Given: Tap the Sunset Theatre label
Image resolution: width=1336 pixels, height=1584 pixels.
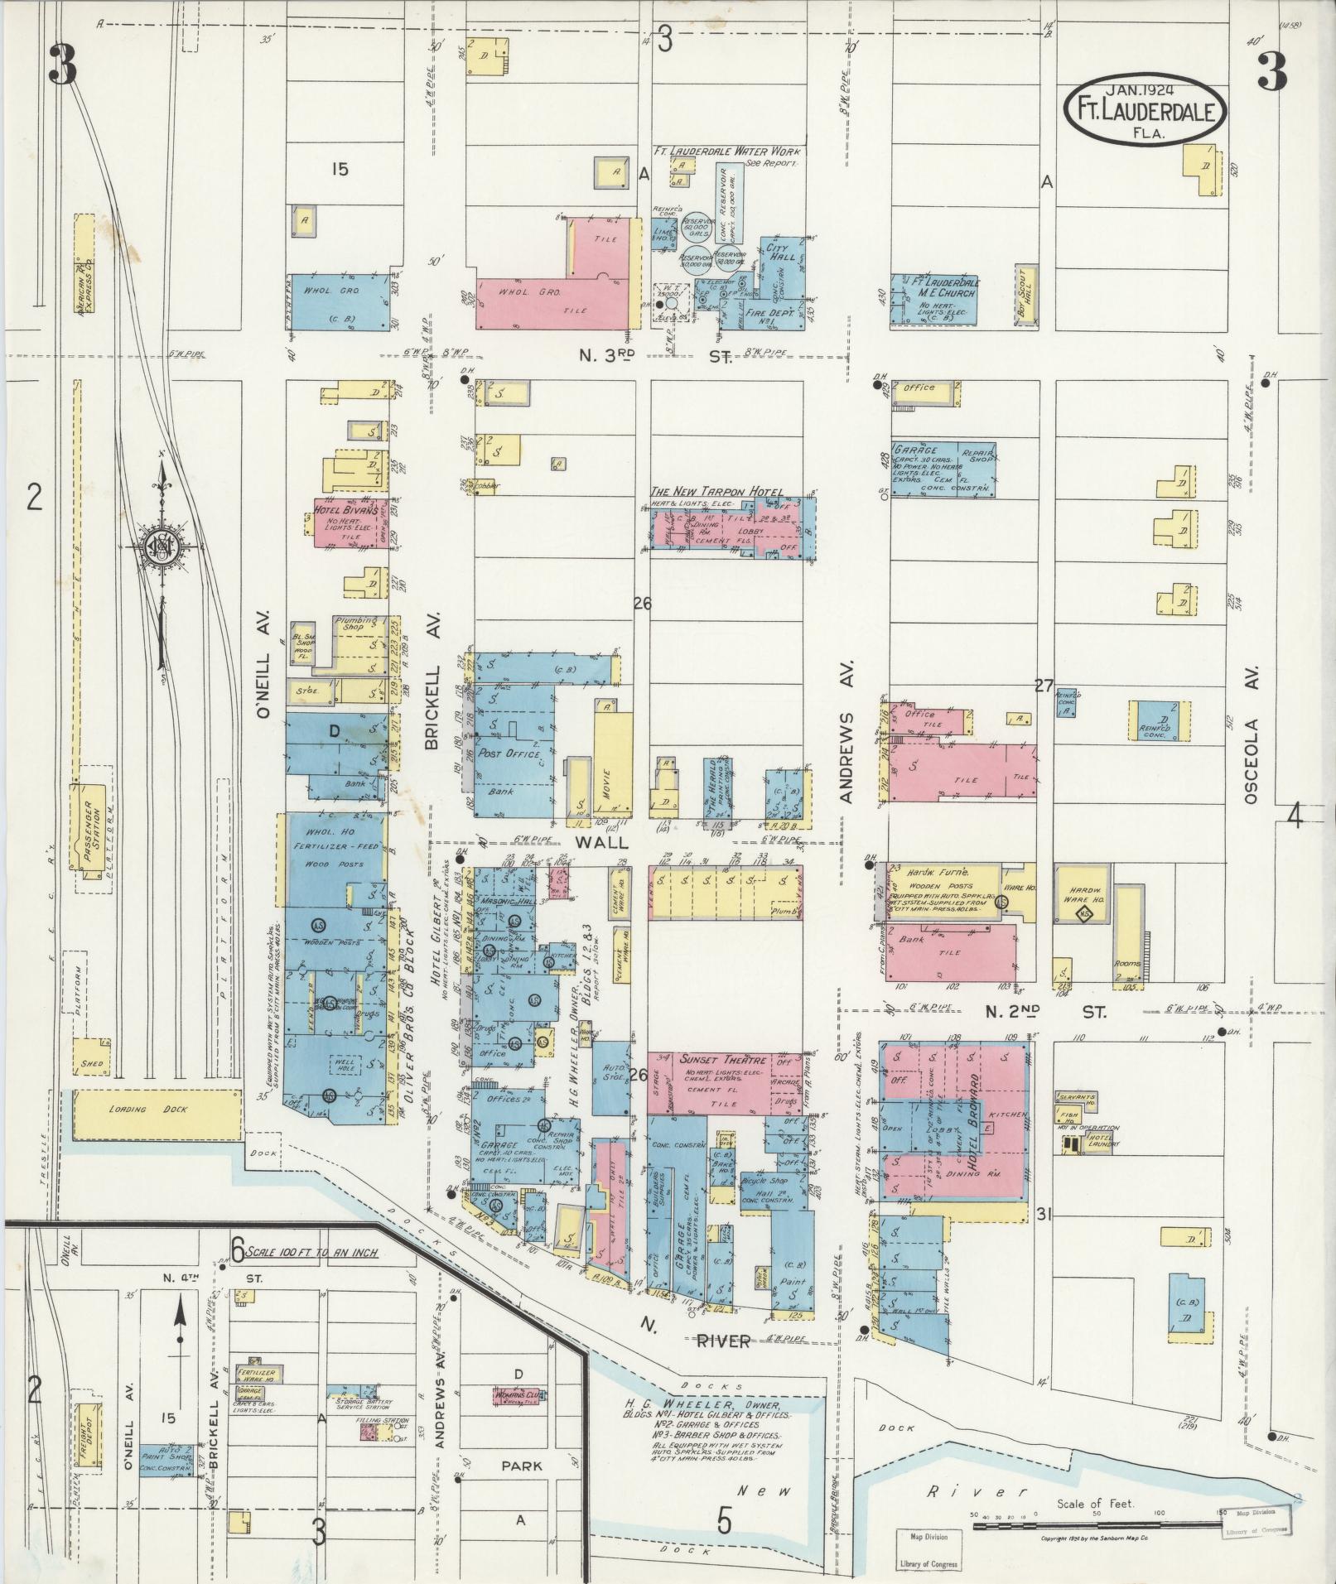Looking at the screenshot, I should (x=713, y=1059).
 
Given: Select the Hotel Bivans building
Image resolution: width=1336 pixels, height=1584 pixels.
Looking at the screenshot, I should (x=345, y=521).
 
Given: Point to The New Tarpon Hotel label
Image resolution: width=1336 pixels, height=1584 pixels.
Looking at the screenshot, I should (x=716, y=492).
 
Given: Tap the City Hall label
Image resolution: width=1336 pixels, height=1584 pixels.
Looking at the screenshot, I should (x=780, y=252).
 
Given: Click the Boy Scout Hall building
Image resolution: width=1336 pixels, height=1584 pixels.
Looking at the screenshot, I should (x=1025, y=296).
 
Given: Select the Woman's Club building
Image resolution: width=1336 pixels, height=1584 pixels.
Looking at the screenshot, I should (x=518, y=1394).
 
